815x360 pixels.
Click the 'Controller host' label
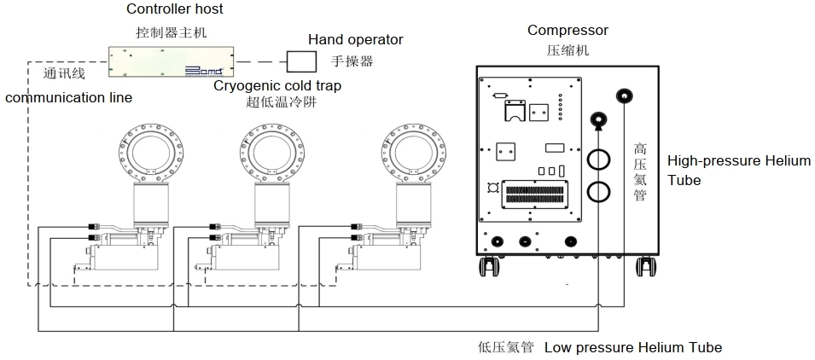coord(175,9)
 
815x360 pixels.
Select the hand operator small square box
coord(300,61)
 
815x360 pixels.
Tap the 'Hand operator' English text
coord(355,39)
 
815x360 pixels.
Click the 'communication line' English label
coord(69,97)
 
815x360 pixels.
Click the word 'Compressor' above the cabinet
coord(568,31)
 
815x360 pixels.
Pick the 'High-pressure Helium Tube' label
coord(738,170)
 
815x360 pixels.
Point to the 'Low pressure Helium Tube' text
coord(632,347)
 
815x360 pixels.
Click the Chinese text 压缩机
coord(568,49)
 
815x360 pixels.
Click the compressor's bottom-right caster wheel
coord(645,266)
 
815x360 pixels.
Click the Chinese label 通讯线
coord(64,73)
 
